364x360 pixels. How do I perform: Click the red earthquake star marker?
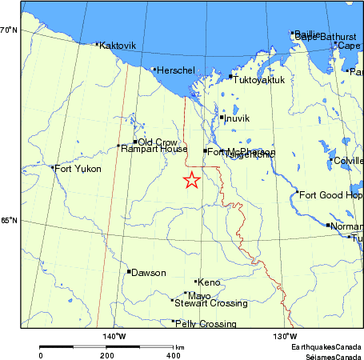(x=191, y=180)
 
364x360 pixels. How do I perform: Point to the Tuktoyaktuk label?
(x=259, y=79)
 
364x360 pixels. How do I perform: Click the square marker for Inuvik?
(x=222, y=118)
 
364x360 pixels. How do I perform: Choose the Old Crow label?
(x=158, y=142)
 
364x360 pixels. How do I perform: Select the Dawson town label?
(x=149, y=273)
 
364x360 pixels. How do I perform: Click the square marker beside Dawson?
(x=128, y=272)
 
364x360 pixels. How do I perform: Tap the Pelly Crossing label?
(x=206, y=324)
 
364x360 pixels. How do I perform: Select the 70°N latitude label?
(x=9, y=30)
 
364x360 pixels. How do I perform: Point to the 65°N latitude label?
(x=9, y=221)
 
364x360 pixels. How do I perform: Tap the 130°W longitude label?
(x=286, y=335)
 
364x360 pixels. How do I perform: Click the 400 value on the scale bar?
(x=174, y=355)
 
